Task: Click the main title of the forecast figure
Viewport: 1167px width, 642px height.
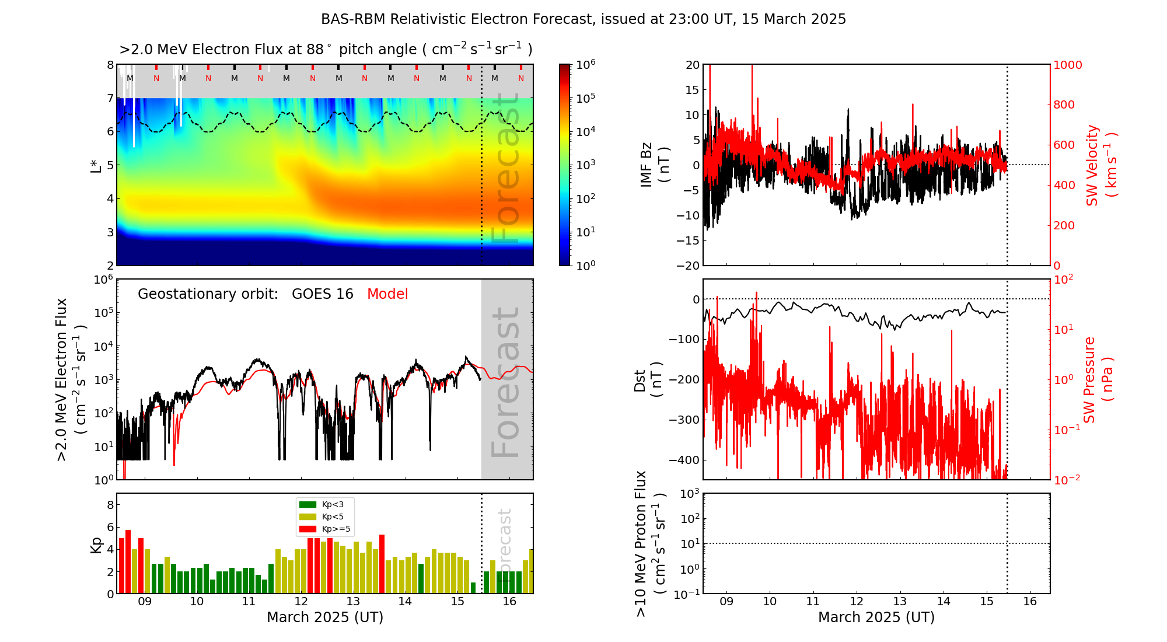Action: (583, 19)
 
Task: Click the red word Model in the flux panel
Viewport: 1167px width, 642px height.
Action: (387, 294)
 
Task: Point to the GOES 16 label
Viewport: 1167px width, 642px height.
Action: (322, 294)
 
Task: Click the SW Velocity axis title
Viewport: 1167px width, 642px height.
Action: (1100, 165)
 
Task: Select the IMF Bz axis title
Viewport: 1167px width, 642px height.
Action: (654, 165)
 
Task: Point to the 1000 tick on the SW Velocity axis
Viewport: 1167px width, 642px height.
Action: (1067, 65)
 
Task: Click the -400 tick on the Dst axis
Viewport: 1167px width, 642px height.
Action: (686, 460)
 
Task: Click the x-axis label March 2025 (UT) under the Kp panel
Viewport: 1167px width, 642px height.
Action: (325, 617)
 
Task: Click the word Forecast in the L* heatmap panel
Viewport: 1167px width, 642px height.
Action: (505, 169)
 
